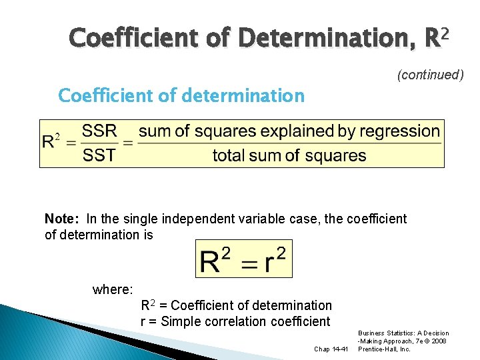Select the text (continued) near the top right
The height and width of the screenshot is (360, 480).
coord(430,75)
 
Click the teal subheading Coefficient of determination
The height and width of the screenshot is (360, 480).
coord(181,96)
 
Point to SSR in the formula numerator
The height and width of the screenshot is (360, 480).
coord(100,131)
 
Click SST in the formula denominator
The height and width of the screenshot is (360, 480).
coord(100,156)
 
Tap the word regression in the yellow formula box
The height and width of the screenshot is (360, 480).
coord(399,131)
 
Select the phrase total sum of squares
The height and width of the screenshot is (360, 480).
coord(289,156)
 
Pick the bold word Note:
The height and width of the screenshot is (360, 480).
coord(62,219)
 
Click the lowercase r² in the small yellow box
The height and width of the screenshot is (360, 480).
coord(275,259)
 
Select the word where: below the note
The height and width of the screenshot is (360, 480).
coord(113,289)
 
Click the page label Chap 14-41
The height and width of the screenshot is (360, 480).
coord(330,349)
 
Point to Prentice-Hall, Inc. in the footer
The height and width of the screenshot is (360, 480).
coord(384,349)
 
